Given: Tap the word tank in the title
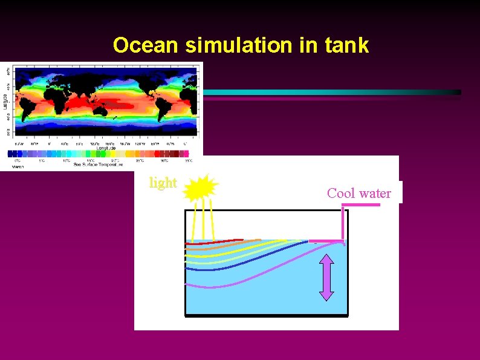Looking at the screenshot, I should click(x=347, y=45).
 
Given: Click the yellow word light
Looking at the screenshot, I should click(x=163, y=183).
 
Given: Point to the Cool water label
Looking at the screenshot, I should click(x=359, y=193).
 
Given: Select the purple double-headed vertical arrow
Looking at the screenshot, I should click(x=326, y=278).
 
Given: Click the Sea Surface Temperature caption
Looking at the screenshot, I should click(x=98, y=164).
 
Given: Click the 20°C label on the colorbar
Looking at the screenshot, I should click(x=115, y=160).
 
